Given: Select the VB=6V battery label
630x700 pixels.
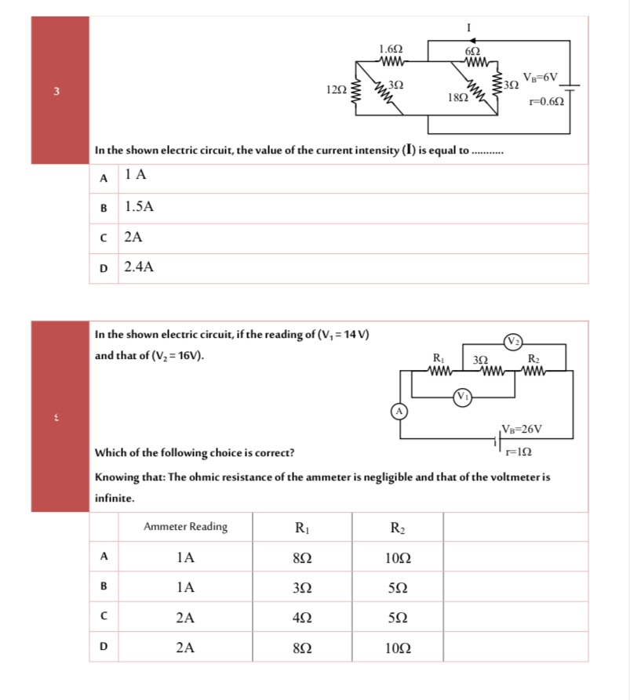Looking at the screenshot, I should pos(540,77).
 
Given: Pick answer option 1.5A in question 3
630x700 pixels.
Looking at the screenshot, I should pos(140,207).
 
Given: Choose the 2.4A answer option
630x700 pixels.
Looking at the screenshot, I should pos(140,267).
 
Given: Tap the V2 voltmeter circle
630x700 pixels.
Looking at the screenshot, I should pos(514,340).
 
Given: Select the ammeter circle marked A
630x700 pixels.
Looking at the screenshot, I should pos(399,411).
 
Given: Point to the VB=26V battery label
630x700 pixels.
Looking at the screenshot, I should pos(522,429).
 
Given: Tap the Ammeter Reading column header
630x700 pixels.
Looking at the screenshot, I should pos(185,527).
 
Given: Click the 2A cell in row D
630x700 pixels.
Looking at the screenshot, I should pos(185,647).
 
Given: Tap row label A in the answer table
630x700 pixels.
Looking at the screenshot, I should pos(104,557).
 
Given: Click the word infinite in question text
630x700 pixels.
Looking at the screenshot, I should pos(115,498).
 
